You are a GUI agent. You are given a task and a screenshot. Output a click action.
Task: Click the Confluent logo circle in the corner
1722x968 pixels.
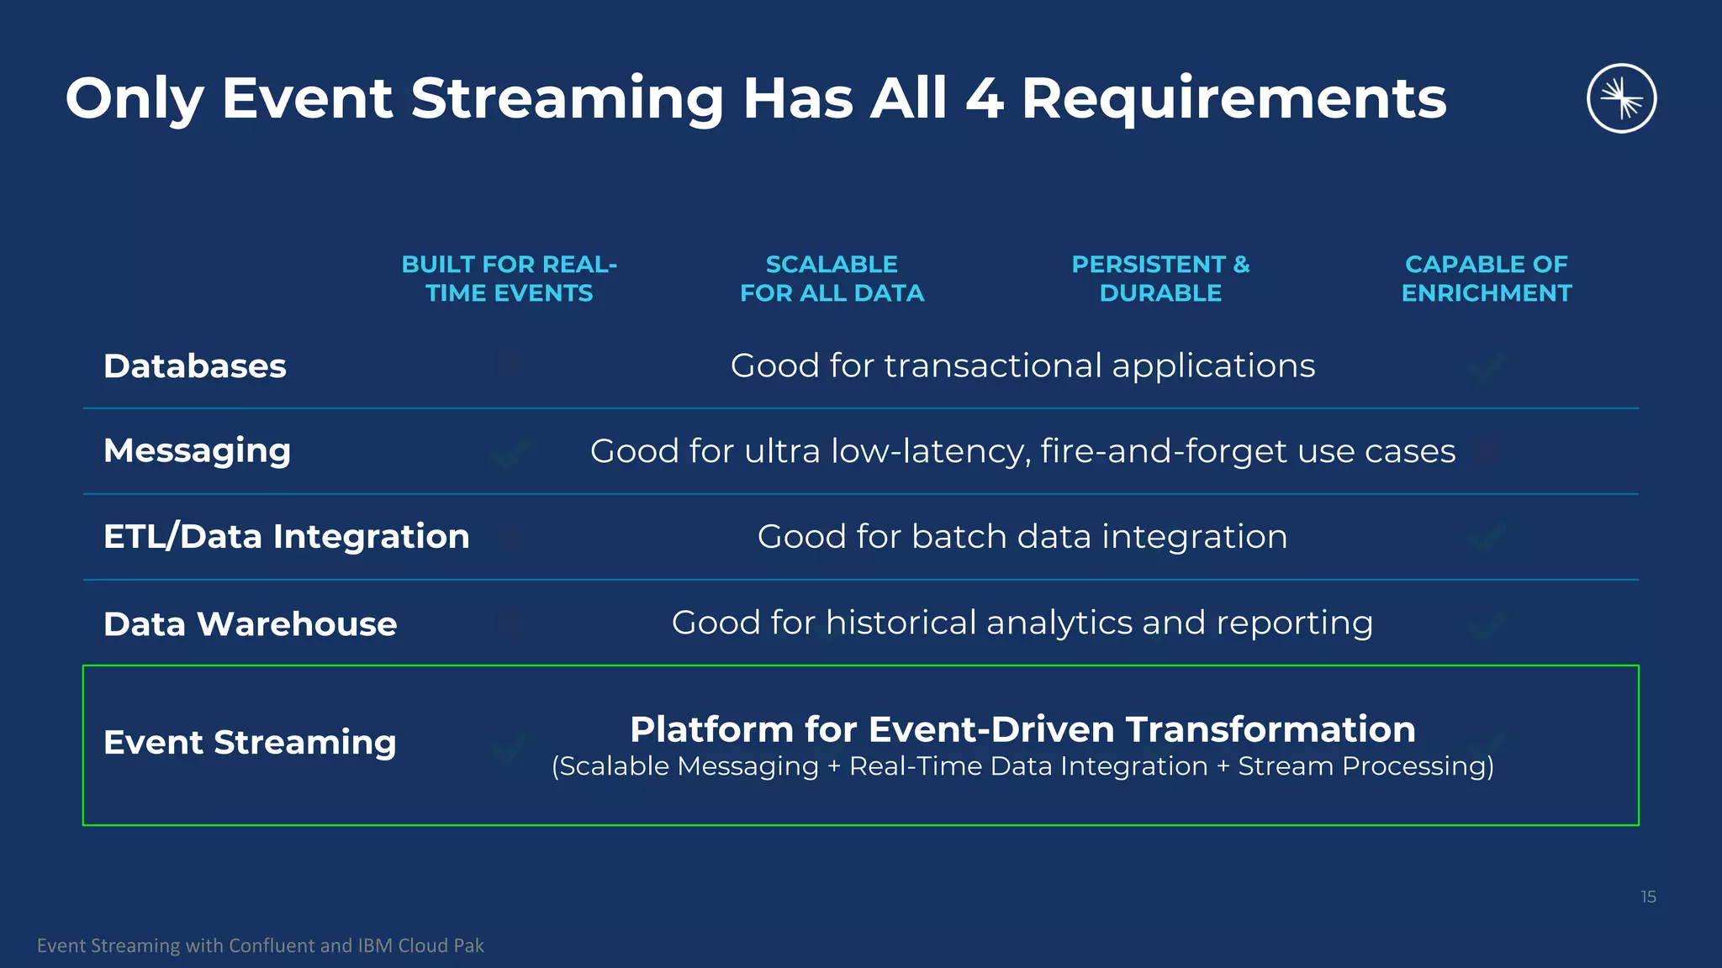pos(1621,98)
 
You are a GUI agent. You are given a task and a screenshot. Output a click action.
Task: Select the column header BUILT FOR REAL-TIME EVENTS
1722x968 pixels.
pos(510,278)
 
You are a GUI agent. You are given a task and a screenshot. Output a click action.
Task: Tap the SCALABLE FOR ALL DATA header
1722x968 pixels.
pos(832,278)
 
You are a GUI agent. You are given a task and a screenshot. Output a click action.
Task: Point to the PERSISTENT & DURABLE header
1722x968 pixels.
pos(1160,278)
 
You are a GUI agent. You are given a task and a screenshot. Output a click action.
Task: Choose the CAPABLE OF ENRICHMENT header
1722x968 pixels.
pos(1486,278)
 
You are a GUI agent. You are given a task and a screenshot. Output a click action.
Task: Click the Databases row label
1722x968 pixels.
pos(195,366)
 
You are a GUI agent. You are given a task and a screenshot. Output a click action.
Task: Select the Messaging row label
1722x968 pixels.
pos(197,451)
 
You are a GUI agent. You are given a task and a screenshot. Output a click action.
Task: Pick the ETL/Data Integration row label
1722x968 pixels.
pos(286,536)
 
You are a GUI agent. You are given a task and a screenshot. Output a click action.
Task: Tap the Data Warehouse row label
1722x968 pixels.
pos(250,624)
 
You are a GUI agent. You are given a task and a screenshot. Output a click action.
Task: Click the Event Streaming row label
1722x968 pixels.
pos(250,743)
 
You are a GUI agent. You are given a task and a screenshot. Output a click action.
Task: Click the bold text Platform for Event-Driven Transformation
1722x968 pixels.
pos(1022,729)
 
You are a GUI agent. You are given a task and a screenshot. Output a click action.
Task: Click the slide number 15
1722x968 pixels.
pos(1648,897)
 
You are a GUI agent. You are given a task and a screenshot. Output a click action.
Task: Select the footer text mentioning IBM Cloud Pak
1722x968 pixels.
pos(261,945)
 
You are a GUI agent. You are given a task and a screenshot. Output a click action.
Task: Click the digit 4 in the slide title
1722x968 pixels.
pos(984,99)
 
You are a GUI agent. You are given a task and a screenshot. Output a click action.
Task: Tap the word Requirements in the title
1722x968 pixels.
pos(1233,99)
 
